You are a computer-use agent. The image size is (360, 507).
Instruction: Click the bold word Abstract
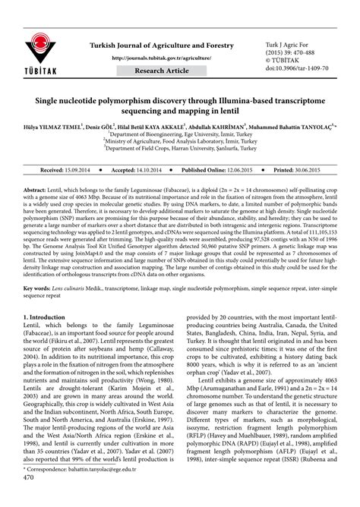pos(34,187)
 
